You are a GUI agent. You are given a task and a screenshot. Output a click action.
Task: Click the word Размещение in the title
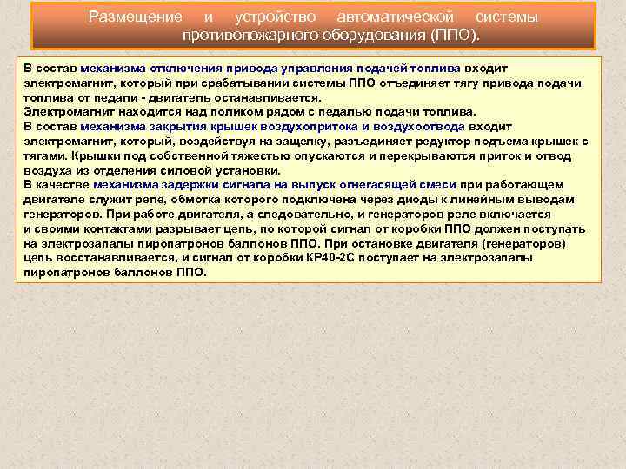136,17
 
